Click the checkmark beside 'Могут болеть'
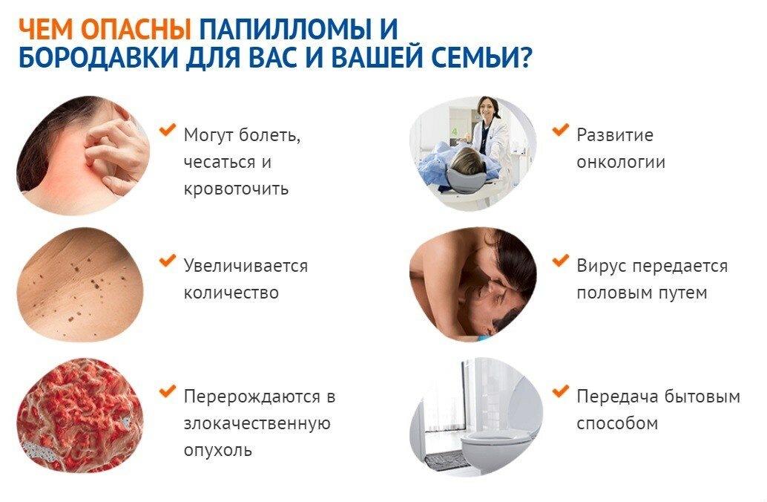click(168, 130)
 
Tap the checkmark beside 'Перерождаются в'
click(168, 391)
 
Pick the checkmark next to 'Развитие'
click(560, 130)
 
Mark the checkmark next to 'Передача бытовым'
click(560, 391)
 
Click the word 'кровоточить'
click(236, 189)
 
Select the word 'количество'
click(231, 293)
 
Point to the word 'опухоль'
click(218, 450)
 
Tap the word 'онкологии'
click(621, 163)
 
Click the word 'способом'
click(617, 423)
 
